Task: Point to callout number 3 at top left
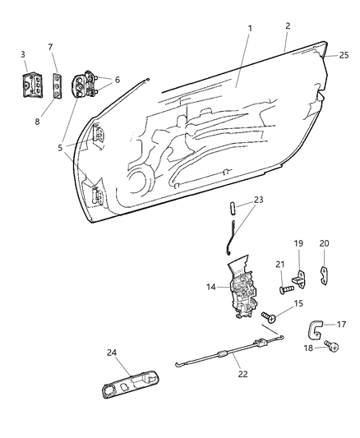coord(22,55)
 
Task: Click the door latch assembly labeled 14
coord(244,295)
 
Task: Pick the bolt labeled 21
coord(284,288)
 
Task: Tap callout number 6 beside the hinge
coord(118,81)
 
